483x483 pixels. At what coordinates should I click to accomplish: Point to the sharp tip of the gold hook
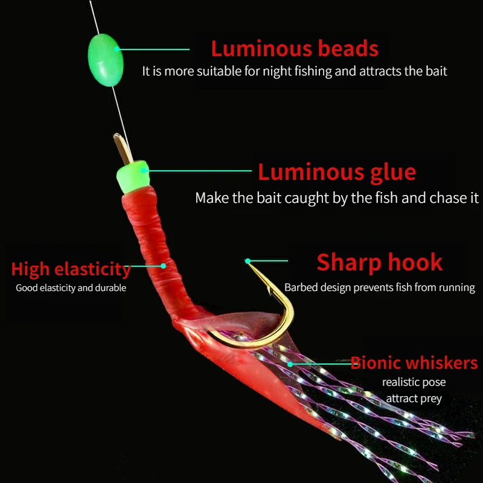[248, 261]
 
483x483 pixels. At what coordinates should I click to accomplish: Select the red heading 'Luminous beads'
[295, 48]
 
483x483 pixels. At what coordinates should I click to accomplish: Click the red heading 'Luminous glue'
[337, 172]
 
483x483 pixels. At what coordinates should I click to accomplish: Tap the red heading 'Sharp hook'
[380, 262]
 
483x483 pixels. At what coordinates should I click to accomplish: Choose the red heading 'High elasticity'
[71, 269]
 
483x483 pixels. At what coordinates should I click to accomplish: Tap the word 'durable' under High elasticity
[110, 288]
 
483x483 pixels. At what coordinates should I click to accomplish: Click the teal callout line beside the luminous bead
[153, 50]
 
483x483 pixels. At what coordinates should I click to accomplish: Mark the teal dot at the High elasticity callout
[163, 265]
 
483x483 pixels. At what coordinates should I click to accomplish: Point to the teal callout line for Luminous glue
[199, 171]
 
